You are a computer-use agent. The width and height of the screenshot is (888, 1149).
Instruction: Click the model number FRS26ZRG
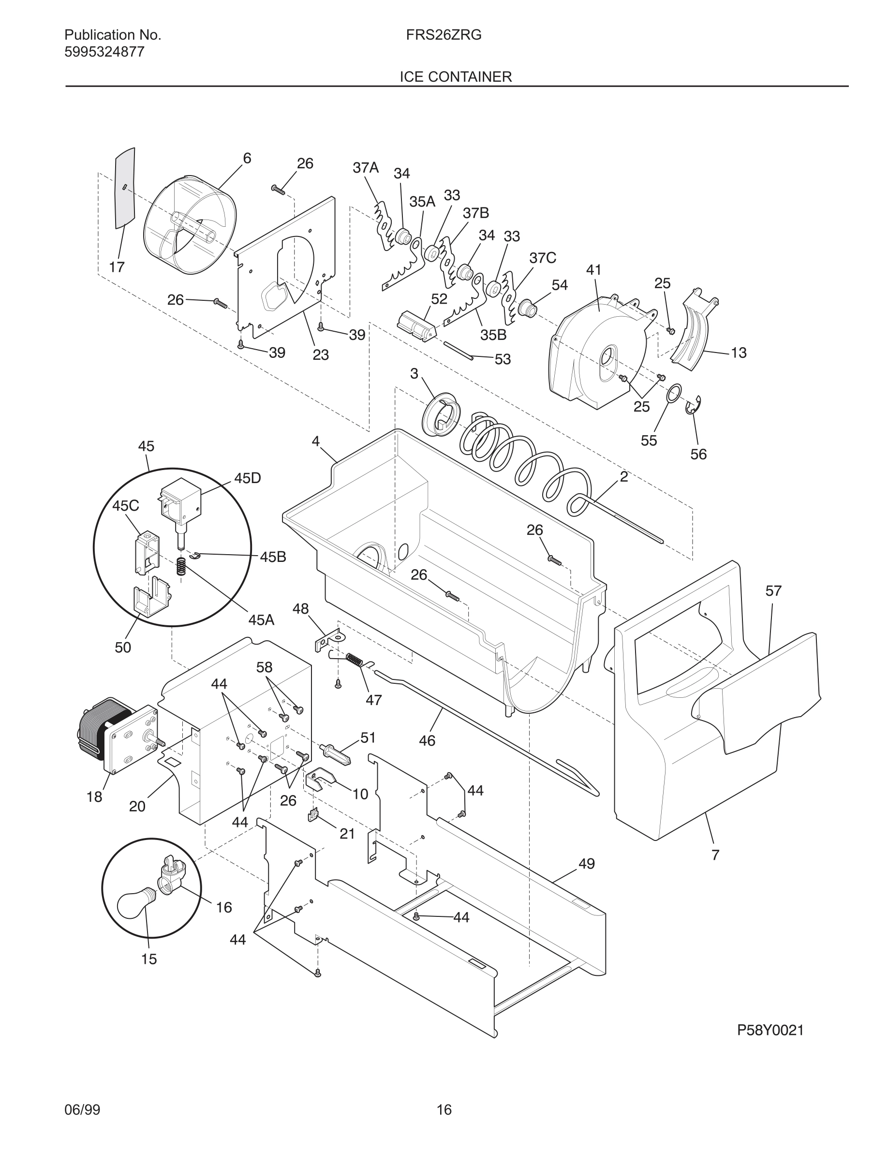[x=444, y=35]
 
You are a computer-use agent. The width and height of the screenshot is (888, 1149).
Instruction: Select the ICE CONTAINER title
[x=455, y=77]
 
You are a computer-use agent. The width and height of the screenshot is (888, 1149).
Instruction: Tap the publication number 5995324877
[x=104, y=52]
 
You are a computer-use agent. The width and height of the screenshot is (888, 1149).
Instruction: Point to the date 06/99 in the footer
[x=82, y=1109]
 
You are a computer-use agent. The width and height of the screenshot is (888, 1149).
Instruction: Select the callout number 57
[x=773, y=591]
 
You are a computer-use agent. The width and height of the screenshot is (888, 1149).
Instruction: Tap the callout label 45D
[x=247, y=478]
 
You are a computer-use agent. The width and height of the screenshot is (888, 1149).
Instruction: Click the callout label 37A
[x=366, y=168]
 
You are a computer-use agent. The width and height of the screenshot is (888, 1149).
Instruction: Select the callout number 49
[x=587, y=863]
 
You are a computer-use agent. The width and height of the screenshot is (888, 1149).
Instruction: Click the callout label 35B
[x=493, y=335]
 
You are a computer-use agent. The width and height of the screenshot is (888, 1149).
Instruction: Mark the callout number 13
[x=739, y=353]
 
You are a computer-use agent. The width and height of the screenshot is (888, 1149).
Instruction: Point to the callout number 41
[x=593, y=270]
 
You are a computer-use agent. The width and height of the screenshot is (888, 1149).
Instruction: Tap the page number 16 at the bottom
[x=444, y=1109]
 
